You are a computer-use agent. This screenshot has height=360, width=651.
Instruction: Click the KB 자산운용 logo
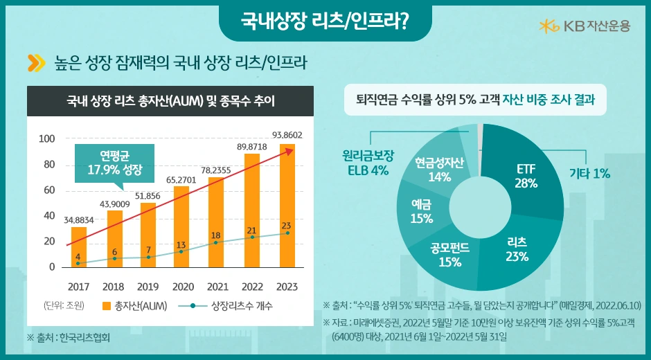click(x=585, y=26)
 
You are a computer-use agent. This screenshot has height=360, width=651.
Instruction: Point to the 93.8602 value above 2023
click(x=287, y=134)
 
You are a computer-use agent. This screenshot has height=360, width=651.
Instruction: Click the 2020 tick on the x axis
click(x=183, y=287)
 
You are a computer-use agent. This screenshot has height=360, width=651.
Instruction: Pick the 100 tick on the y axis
click(x=46, y=139)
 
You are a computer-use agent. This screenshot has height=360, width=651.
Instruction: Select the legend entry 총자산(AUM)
click(x=134, y=305)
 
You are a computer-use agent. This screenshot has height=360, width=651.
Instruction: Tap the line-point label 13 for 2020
click(x=181, y=245)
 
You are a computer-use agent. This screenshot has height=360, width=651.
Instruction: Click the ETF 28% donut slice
click(x=526, y=176)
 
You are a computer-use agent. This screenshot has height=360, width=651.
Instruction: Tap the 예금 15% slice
click(x=422, y=212)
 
